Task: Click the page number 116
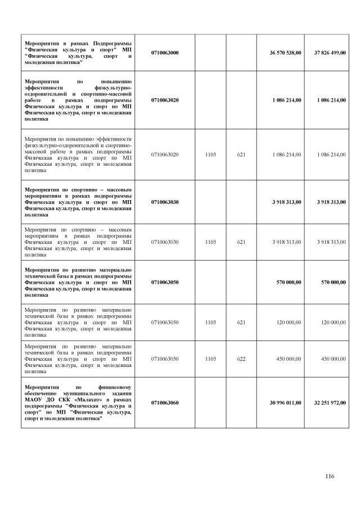tap(330, 477)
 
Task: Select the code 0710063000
tap(165, 53)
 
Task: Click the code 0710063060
tap(165, 403)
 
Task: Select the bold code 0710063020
tap(165, 100)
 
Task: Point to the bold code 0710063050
tap(165, 283)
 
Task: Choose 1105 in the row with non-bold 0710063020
tap(210, 154)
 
